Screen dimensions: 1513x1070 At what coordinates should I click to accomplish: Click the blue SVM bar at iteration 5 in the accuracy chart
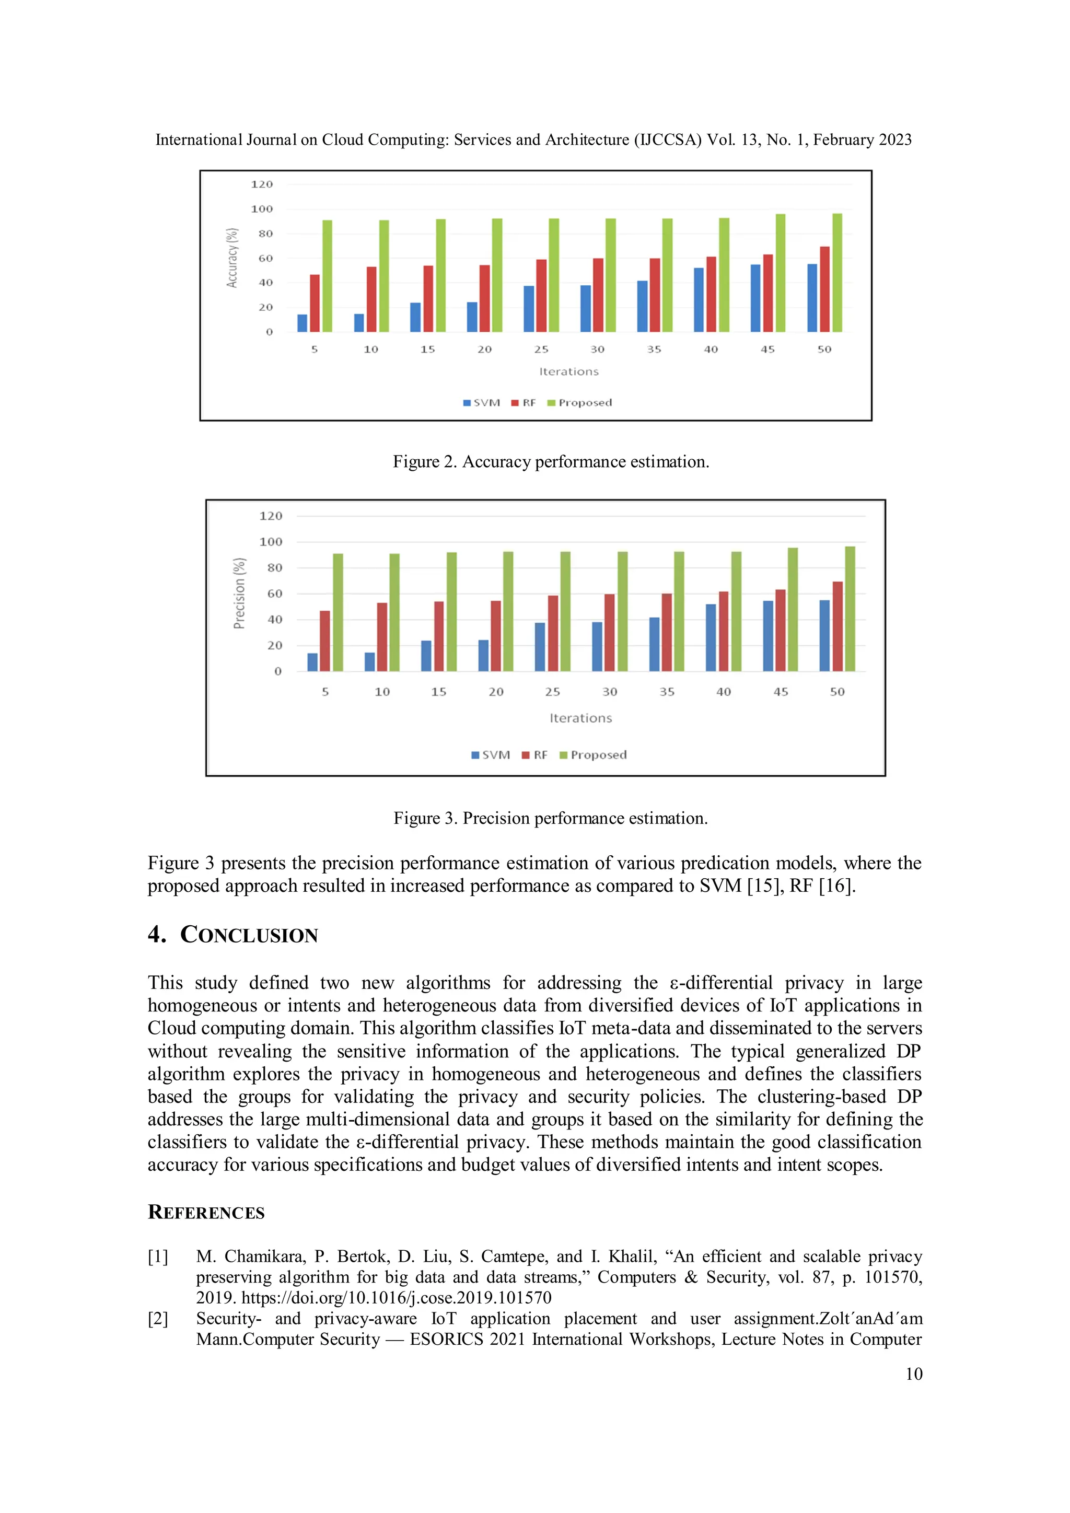(303, 323)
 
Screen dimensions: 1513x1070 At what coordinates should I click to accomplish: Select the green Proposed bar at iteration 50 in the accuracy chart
(837, 273)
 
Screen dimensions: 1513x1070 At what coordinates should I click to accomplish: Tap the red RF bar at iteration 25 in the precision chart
(553, 633)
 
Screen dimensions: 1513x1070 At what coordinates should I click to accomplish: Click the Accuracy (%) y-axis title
(232, 258)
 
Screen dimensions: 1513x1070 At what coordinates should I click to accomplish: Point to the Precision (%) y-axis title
(239, 593)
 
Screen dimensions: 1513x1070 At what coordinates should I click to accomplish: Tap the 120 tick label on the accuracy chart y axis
(262, 184)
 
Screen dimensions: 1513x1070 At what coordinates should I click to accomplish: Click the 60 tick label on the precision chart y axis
(275, 593)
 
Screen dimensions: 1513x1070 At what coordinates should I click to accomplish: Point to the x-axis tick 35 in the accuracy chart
(654, 350)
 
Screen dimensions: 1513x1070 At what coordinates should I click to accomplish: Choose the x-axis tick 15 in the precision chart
(439, 692)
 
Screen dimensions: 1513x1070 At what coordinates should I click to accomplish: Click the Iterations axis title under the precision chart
(580, 718)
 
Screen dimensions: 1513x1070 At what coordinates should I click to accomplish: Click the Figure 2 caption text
(551, 461)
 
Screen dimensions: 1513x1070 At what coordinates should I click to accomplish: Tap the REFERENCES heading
(206, 1212)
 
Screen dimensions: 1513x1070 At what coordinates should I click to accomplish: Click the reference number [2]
(158, 1319)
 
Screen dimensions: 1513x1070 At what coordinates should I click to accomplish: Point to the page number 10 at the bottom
(913, 1374)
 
